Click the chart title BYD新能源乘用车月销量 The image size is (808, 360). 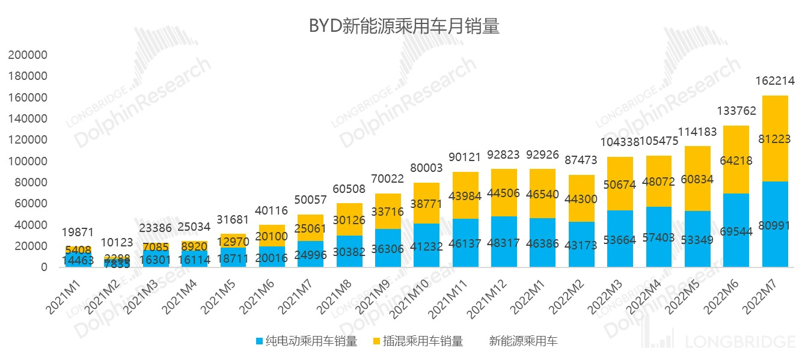(404, 26)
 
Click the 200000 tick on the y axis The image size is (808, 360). (28, 55)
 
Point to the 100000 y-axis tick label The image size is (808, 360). (28, 161)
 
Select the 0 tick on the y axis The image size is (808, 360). (44, 267)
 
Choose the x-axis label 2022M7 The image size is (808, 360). (761, 293)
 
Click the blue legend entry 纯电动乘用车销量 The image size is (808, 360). (306, 341)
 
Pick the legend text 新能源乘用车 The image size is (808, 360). (523, 341)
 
